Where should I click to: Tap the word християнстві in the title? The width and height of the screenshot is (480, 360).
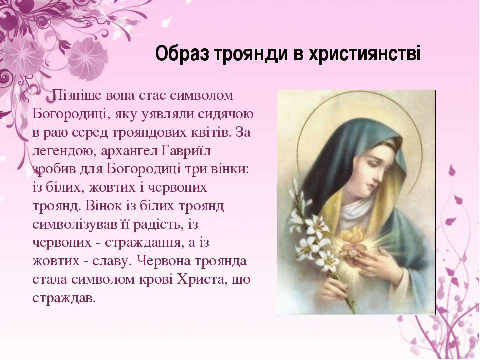(364, 54)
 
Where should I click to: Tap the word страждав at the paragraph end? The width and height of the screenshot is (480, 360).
(64, 298)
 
